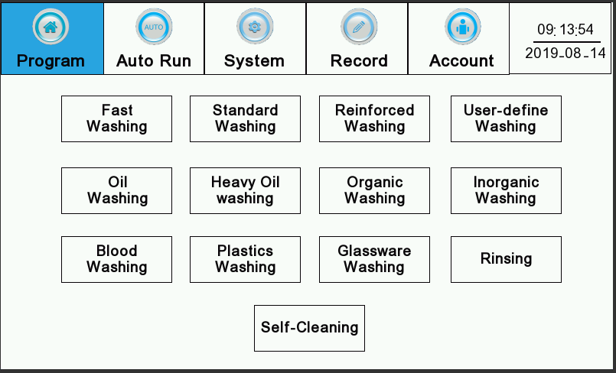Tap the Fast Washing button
pyautogui.click(x=116, y=118)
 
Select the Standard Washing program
pyautogui.click(x=245, y=118)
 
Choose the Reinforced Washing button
pyautogui.click(x=374, y=118)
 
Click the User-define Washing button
pyautogui.click(x=506, y=118)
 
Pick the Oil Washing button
pyautogui.click(x=116, y=190)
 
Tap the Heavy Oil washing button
pyautogui.click(x=245, y=190)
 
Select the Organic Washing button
pyautogui.click(x=374, y=190)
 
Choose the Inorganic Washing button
pyautogui.click(x=506, y=190)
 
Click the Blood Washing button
pyautogui.click(x=116, y=259)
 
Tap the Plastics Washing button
pyautogui.click(x=245, y=259)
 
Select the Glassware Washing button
pyautogui.click(x=374, y=259)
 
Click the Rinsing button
pyautogui.click(x=506, y=259)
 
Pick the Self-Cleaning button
pyautogui.click(x=310, y=329)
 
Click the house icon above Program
pyautogui.click(x=51, y=27)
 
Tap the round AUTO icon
pyautogui.click(x=154, y=27)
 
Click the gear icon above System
pyautogui.click(x=255, y=27)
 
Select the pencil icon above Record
pyautogui.click(x=359, y=27)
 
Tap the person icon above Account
pyautogui.click(x=462, y=27)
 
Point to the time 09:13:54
pyautogui.click(x=565, y=29)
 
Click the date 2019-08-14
pyautogui.click(x=565, y=53)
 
